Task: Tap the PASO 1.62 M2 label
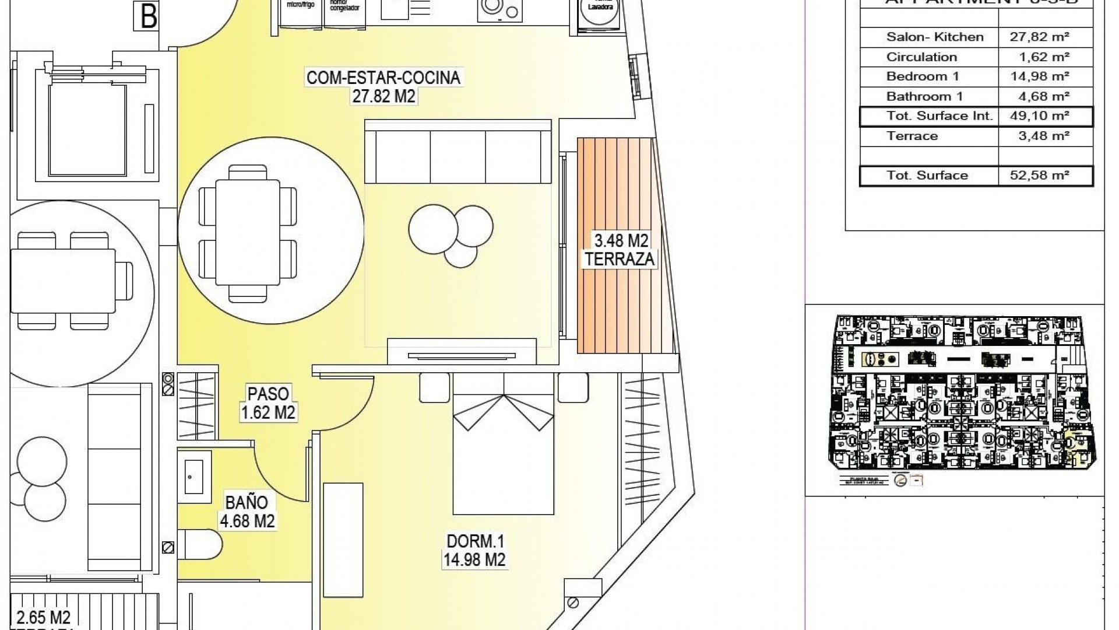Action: tap(268, 402)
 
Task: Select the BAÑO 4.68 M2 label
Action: tap(247, 512)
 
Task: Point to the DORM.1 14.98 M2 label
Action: tap(474, 551)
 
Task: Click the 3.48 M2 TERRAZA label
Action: tap(620, 249)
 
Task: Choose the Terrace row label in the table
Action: tap(912, 136)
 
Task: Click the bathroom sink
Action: tap(194, 476)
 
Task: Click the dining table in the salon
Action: tap(247, 232)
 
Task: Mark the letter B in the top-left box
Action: tap(149, 16)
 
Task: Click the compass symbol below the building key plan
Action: tap(900, 481)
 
